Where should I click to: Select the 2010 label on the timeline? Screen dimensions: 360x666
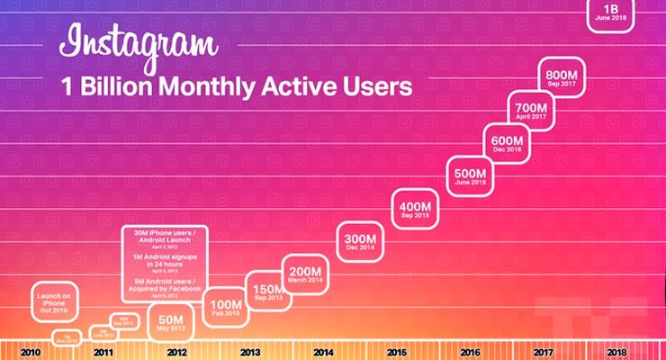[x=30, y=352]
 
